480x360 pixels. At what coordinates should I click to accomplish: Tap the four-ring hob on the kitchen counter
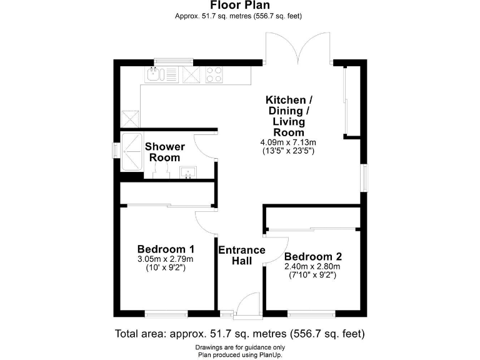(x=214, y=74)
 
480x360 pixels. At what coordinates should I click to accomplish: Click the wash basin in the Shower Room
(x=188, y=172)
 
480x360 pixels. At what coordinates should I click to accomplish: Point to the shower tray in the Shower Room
(x=132, y=151)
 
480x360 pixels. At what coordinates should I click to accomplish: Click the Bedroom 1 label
(x=166, y=249)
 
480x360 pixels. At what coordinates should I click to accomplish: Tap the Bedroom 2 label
(x=313, y=256)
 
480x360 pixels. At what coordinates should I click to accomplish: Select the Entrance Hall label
(x=242, y=255)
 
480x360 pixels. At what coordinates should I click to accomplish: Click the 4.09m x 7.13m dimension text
(x=288, y=142)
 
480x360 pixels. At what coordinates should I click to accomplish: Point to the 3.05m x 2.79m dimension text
(x=166, y=259)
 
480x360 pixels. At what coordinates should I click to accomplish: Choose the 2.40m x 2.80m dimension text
(x=312, y=267)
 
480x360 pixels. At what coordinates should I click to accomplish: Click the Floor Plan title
(x=240, y=5)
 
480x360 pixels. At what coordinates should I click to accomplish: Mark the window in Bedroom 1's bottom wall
(x=166, y=314)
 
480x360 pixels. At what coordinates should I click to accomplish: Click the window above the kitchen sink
(x=173, y=62)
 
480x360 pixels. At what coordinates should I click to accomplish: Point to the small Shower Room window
(x=116, y=150)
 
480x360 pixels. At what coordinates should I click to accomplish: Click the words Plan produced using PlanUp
(x=240, y=355)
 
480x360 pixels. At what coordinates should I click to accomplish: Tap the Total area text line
(x=240, y=333)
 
